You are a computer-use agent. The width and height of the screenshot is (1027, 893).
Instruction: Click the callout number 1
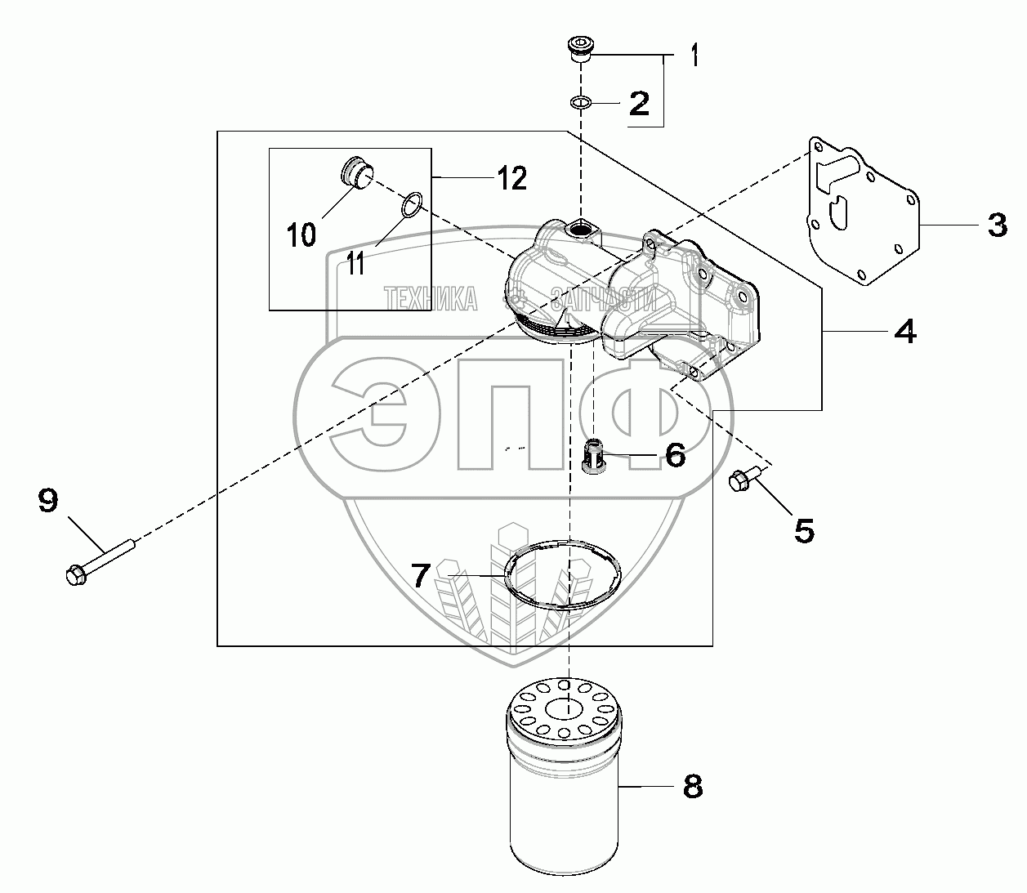(694, 56)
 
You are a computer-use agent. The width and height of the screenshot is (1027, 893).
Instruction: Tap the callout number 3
(997, 225)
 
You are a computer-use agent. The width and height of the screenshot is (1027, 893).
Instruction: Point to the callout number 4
(904, 331)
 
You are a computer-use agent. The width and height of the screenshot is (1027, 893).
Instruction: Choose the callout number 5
(804, 531)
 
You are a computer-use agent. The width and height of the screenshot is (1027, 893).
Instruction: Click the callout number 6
(675, 455)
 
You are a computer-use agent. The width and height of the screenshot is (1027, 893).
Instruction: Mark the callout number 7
(420, 576)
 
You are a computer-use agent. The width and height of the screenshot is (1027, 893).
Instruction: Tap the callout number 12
(512, 177)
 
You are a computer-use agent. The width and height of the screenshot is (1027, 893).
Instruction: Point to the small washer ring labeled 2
(580, 103)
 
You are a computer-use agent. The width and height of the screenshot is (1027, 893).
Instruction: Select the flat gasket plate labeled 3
(862, 212)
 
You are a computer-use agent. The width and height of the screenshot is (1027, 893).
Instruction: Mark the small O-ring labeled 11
(413, 205)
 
